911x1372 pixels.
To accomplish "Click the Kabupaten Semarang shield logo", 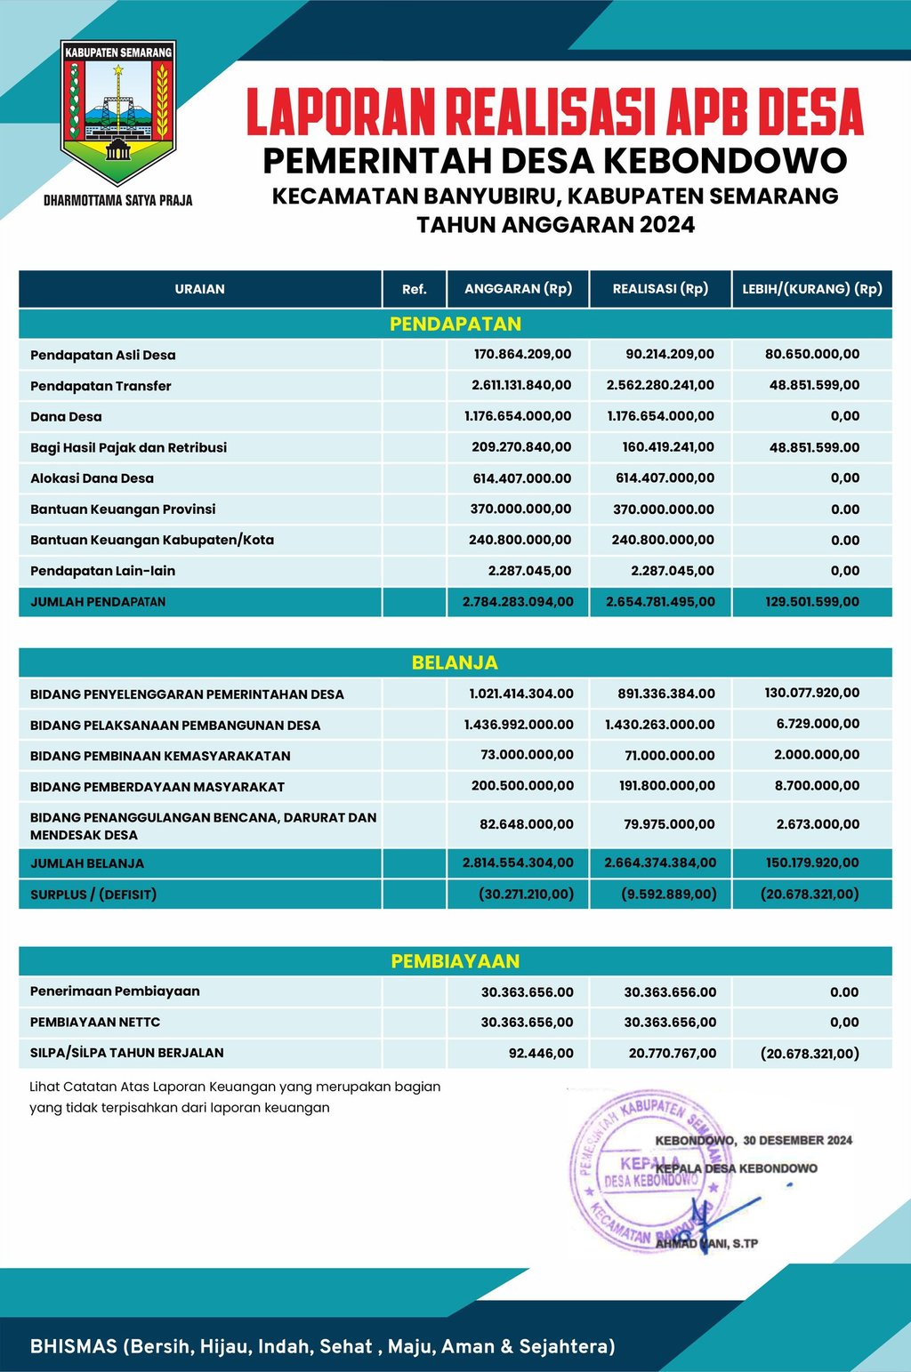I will pos(118,111).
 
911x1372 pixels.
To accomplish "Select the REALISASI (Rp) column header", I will pos(660,289).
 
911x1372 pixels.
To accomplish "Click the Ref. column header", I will pos(414,289).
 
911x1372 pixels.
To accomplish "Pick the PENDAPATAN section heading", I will pos(455,324).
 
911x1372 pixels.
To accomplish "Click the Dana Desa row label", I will pos(66,416).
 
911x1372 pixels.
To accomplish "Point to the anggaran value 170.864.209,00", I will pos(522,354).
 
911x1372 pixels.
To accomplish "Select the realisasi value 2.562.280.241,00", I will pos(660,385).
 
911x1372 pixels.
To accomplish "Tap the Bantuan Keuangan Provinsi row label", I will pos(123,509).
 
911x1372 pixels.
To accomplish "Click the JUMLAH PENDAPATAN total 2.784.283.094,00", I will pos(518,602).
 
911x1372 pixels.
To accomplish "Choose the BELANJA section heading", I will pos(455,662).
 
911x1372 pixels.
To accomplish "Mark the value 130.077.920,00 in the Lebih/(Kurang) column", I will pos(811,693).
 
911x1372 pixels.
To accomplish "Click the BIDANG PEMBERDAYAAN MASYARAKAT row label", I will pos(157,786).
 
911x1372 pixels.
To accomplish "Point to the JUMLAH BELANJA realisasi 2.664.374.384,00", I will pos(659,863).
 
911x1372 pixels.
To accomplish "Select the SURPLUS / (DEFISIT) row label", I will pos(93,895).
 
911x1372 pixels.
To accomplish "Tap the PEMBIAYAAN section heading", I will pos(455,961).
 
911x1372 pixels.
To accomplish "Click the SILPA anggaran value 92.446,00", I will pos(541,1053).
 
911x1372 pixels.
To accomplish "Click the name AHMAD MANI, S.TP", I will pos(707,1243).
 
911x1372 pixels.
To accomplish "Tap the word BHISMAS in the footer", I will pos(74,1346).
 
